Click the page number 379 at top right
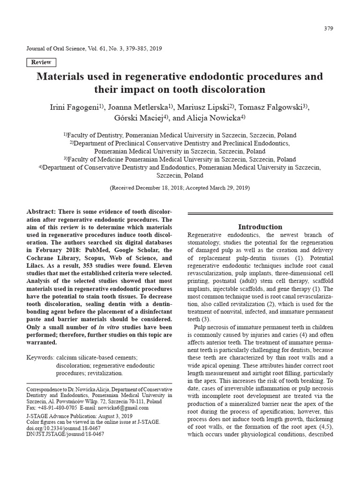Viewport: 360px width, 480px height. (328, 29)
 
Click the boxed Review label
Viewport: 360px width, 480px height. (41, 62)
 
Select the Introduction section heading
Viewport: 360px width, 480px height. (260, 226)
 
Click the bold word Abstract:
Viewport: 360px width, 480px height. (41, 212)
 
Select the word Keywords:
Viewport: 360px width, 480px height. (39, 358)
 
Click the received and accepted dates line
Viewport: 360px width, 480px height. (180, 187)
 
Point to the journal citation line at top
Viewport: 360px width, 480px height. (89, 49)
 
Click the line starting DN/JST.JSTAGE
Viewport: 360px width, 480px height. (65, 434)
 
